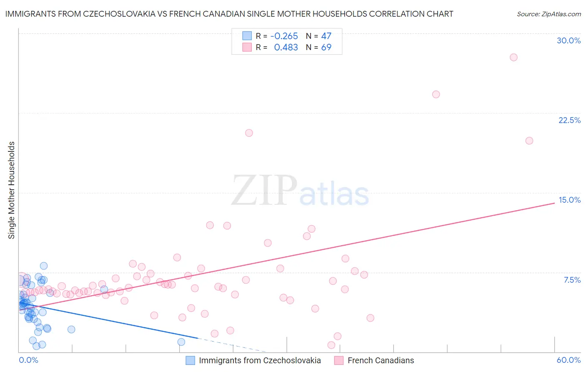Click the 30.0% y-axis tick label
click(x=568, y=40)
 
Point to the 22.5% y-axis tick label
click(x=569, y=120)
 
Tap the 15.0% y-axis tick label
click(x=569, y=200)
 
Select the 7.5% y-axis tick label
click(x=572, y=280)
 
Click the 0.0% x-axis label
click(x=28, y=360)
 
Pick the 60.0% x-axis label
click(x=568, y=360)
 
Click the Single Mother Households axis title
click(x=12, y=190)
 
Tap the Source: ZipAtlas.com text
click(x=548, y=14)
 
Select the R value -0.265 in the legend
click(x=284, y=36)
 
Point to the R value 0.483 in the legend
click(x=286, y=48)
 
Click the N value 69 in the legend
click(x=326, y=48)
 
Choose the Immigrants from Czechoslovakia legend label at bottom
click(x=260, y=360)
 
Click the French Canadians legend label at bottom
click(x=381, y=360)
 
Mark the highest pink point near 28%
click(x=513, y=57)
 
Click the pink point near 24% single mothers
click(x=436, y=94)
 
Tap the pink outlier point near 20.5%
click(x=249, y=133)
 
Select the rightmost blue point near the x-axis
click(x=181, y=342)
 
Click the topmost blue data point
click(x=44, y=266)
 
